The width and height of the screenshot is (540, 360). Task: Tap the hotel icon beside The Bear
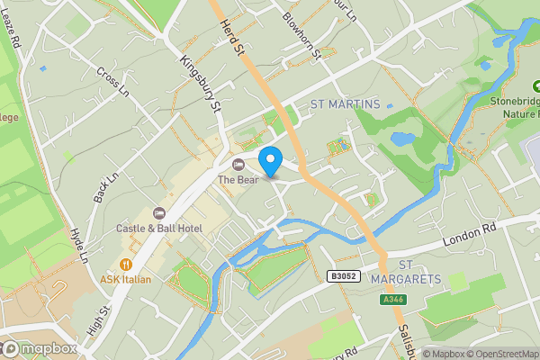point(238,165)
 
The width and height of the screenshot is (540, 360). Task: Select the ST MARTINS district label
point(345,104)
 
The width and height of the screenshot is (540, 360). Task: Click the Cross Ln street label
point(113,84)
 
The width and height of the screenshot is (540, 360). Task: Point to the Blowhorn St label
point(301,32)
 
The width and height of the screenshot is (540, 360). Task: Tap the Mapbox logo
point(40,348)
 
